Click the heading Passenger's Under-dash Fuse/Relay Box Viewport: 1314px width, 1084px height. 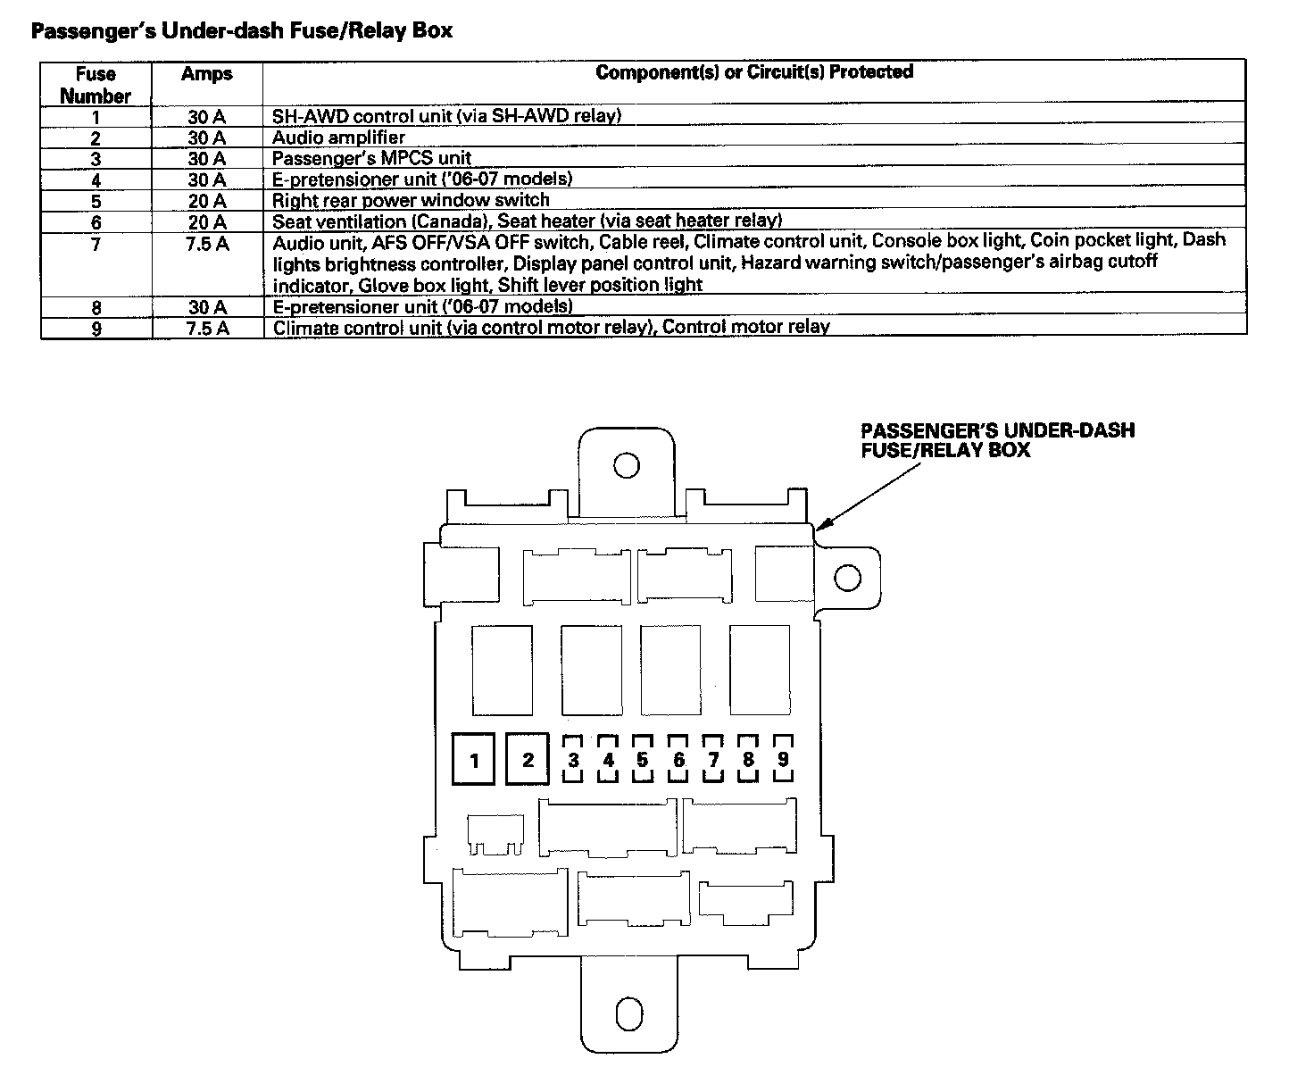point(242,31)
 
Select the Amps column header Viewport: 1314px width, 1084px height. point(206,74)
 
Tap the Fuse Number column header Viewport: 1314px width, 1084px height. point(96,85)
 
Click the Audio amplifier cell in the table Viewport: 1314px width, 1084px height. point(338,138)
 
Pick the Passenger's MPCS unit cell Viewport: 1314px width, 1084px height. point(371,159)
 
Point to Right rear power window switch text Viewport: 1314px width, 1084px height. point(411,200)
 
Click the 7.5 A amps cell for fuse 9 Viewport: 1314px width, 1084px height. point(206,328)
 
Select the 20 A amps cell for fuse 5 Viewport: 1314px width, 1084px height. point(206,200)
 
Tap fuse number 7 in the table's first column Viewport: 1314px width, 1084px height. point(96,243)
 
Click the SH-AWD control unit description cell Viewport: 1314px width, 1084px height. point(446,115)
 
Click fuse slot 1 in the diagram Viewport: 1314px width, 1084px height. point(474,760)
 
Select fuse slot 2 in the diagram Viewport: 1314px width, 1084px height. point(528,760)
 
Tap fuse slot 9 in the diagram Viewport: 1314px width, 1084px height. point(783,759)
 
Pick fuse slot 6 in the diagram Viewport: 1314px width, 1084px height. point(678,759)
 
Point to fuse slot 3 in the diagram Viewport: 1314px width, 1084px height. point(573,759)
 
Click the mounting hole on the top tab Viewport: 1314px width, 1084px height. point(626,466)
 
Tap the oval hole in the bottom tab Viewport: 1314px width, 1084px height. point(629,1014)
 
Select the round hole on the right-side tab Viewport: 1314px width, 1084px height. point(847,578)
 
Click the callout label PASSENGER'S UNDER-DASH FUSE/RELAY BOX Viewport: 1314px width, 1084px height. point(997,440)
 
